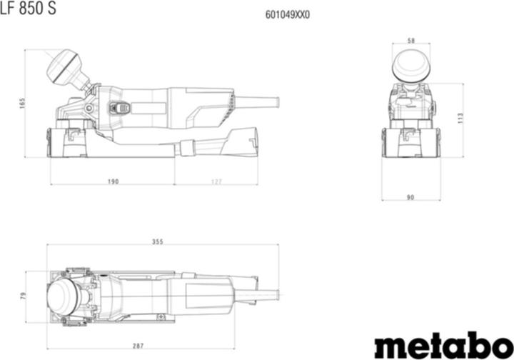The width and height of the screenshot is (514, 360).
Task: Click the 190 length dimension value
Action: [x=113, y=181]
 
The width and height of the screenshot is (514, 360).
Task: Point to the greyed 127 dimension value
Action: [x=216, y=181]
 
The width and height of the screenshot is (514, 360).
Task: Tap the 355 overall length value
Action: [x=157, y=241]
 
